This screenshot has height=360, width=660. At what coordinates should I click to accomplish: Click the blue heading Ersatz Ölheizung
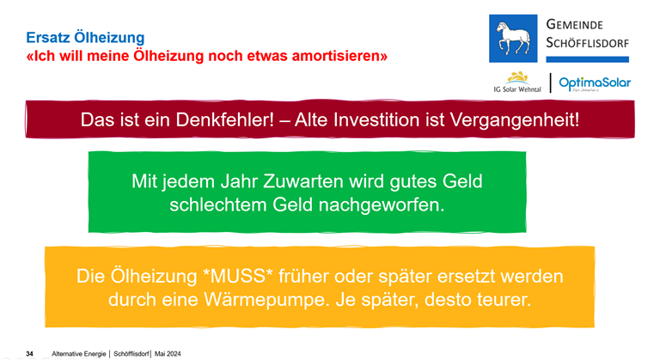click(x=85, y=38)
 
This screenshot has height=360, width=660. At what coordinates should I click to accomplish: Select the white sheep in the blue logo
click(x=513, y=38)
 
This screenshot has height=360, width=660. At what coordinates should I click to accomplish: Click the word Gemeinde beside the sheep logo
click(x=575, y=24)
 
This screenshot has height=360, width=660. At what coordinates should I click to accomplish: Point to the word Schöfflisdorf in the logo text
click(x=588, y=42)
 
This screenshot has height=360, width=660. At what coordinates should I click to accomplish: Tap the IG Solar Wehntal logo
click(x=517, y=82)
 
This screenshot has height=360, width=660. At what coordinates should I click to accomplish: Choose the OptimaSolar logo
click(x=595, y=83)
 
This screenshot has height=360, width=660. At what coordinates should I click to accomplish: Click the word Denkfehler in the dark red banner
click(x=225, y=120)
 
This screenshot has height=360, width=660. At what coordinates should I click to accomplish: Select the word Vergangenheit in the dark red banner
click(x=515, y=120)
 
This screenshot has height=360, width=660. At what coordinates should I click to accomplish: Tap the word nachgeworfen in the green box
click(x=382, y=205)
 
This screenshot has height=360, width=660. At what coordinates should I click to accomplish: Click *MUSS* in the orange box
click(x=238, y=276)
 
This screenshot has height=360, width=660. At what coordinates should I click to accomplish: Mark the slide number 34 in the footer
click(x=29, y=354)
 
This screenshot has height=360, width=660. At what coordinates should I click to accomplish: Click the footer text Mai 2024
click(x=168, y=354)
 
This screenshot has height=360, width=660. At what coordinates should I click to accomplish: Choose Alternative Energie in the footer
click(x=79, y=354)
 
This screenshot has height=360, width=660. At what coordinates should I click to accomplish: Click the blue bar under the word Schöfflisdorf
click(x=588, y=59)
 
